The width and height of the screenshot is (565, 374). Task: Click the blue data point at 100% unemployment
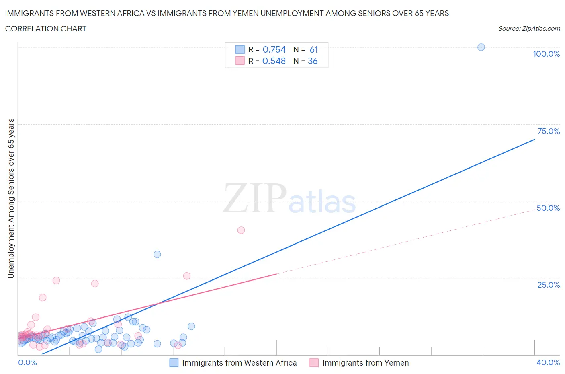coord(481,47)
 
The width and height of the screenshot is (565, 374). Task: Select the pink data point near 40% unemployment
coord(241,230)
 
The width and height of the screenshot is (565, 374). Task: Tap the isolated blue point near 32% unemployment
coord(157,254)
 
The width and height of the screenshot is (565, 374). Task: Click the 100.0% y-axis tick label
coord(546,54)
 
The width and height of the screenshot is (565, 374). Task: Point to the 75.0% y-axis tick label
coord(549,131)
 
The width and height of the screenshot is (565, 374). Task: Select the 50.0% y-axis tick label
coord(548,208)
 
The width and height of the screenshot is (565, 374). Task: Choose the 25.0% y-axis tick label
coord(549,285)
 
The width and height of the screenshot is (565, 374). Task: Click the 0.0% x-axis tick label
coord(27,362)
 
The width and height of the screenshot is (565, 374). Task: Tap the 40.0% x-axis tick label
coord(548,362)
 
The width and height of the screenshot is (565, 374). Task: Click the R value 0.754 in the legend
coord(274,49)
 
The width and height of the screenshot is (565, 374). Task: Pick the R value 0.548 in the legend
coord(274,61)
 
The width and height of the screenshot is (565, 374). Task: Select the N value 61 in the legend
coord(314,49)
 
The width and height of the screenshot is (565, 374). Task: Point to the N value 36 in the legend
coord(313,61)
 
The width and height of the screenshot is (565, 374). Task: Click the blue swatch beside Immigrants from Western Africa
coord(174,363)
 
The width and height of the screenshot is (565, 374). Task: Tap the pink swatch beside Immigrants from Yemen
coord(314,363)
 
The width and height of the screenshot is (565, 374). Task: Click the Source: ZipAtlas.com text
coord(529,29)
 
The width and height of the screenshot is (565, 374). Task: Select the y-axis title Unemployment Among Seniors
coord(11,198)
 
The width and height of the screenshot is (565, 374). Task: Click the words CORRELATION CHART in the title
coord(46,29)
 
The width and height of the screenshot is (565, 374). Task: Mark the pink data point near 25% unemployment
coord(186,276)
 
